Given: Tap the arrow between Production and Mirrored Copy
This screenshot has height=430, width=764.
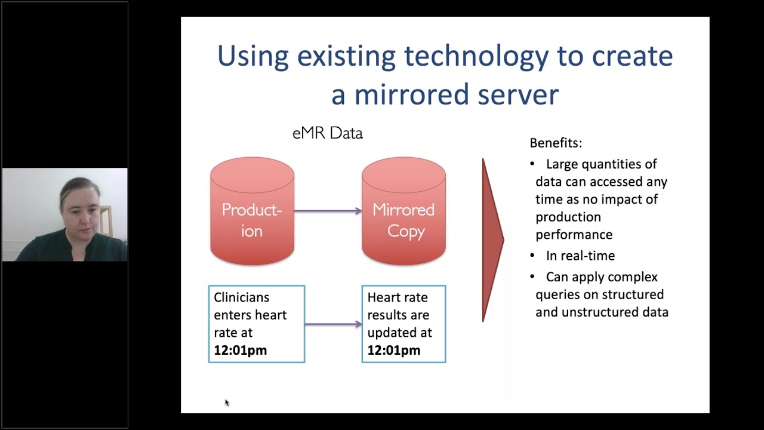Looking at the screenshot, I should pos(328,211).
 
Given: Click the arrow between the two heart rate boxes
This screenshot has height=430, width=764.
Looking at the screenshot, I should pos(333,324).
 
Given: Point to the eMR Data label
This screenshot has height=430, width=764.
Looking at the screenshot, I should pos(327,133).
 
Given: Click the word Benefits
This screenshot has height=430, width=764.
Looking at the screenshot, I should pos(555,143).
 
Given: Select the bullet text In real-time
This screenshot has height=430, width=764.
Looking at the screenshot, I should pos(580,256).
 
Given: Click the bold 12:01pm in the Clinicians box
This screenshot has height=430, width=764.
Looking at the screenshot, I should pos(240,351).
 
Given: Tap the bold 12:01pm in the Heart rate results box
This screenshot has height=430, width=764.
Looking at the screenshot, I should pos(393,351).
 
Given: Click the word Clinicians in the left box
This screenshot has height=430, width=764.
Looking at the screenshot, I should pos(241,297).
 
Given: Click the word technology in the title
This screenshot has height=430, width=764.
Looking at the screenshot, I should pos(476,56).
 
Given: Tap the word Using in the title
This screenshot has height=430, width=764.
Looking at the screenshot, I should pos(252,56).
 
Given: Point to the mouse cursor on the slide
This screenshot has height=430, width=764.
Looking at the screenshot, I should pos(227,403).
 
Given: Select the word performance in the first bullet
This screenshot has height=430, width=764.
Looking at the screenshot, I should pos(574,235).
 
